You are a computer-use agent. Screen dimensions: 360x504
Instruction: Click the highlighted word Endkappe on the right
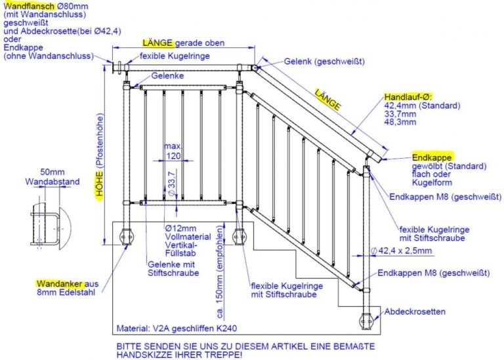pos(431,158)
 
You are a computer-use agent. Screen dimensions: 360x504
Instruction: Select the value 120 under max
pos(173,156)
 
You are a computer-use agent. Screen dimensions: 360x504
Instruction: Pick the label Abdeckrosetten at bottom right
pos(417,311)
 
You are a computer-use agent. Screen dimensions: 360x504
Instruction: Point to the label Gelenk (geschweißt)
pos(324,62)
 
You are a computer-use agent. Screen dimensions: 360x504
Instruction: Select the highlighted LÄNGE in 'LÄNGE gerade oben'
pos(157,43)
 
